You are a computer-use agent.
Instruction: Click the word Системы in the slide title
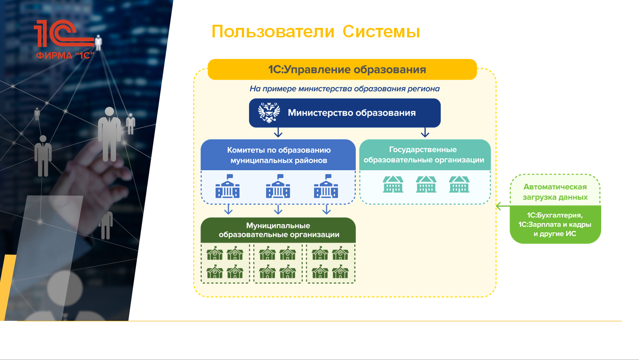click(381, 31)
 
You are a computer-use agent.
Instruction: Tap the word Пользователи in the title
click(273, 31)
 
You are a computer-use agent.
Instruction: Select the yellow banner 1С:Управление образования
click(342, 69)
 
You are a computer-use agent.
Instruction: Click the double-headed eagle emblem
click(269, 112)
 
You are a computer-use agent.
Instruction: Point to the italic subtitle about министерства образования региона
click(344, 89)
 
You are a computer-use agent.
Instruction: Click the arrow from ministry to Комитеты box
click(278, 132)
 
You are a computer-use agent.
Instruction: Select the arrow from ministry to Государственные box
click(425, 132)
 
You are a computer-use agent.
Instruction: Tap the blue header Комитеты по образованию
click(278, 155)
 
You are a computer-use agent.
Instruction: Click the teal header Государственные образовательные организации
click(425, 155)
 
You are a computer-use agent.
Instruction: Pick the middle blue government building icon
click(278, 186)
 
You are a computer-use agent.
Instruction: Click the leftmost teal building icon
click(393, 184)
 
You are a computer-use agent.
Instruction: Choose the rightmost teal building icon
click(459, 184)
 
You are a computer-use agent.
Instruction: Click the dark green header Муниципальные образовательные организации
click(278, 230)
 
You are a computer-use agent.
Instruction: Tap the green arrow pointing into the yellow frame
click(503, 206)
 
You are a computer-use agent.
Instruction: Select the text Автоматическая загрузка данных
click(555, 192)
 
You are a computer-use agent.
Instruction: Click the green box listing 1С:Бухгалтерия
click(555, 224)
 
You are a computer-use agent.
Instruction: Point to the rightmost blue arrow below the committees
click(326, 209)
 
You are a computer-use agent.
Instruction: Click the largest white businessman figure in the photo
click(109, 134)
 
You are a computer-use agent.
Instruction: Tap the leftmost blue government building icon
click(227, 186)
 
